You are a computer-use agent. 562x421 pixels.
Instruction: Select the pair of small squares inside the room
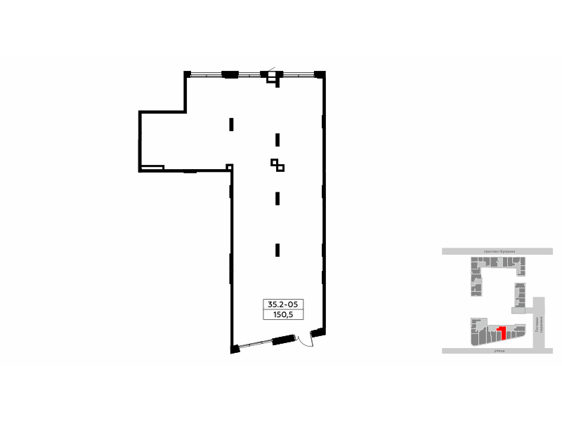coord(278,165)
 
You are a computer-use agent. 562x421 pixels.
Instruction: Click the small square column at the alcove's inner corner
coord(229,166)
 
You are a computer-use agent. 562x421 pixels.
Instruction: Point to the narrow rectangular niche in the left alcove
coord(152,167)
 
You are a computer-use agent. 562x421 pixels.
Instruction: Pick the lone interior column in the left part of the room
coord(231,125)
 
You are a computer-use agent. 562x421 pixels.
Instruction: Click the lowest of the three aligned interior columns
coord(277,248)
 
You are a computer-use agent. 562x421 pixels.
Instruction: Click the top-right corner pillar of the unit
coord(320,74)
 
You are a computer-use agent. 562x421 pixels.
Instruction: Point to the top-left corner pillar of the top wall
coord(188,74)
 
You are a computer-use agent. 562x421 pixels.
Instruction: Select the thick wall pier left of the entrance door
coord(285,340)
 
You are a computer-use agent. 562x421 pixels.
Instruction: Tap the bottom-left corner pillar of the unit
coord(233,348)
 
